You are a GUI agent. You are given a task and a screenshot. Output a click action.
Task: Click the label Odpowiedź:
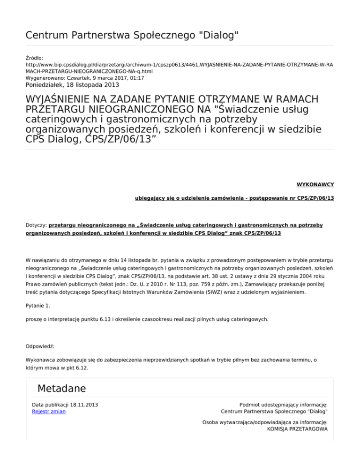tap(40, 346)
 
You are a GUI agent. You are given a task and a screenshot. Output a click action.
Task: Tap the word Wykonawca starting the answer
tap(42, 360)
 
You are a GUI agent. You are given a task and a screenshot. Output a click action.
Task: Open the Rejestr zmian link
tap(49, 411)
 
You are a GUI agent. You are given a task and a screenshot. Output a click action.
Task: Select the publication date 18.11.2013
tap(88, 404)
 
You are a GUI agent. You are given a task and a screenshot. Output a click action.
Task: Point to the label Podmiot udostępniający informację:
tap(283, 404)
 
